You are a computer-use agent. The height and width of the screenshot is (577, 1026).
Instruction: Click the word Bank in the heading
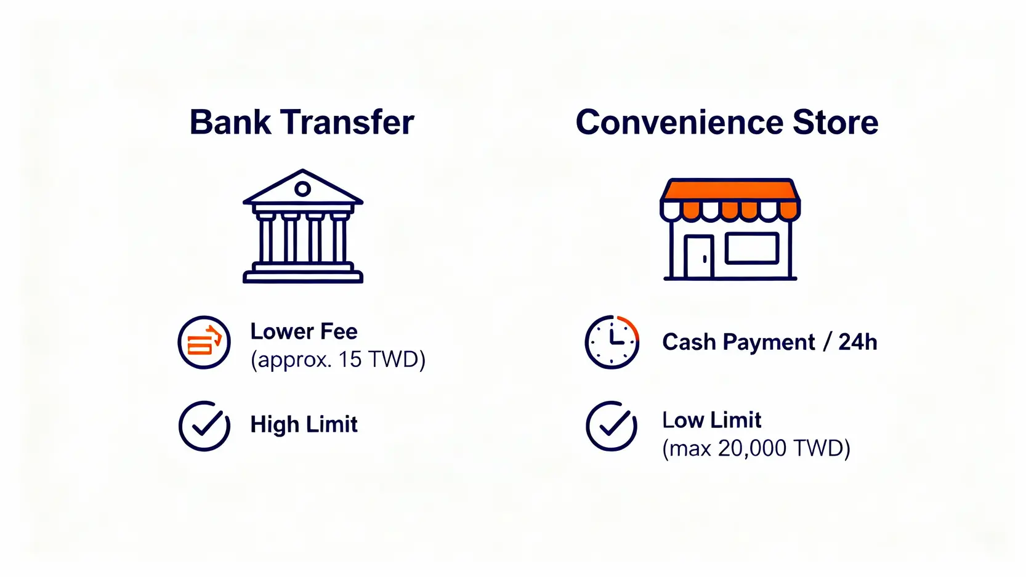pyautogui.click(x=230, y=123)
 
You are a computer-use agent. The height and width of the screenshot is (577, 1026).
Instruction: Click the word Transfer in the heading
pyautogui.click(x=347, y=123)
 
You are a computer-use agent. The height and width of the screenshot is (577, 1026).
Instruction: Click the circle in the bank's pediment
pyautogui.click(x=302, y=188)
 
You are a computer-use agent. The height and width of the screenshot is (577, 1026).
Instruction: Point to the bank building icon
pyautogui.click(x=303, y=226)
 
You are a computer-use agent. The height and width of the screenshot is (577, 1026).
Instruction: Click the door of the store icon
pyautogui.click(x=699, y=256)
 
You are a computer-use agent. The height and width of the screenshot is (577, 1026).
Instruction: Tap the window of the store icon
pyautogui.click(x=751, y=249)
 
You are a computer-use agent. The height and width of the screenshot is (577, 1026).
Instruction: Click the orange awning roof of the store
pyautogui.click(x=730, y=189)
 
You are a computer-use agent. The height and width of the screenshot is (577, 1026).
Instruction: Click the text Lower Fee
pyautogui.click(x=304, y=331)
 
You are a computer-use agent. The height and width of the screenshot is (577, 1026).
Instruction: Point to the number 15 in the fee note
pyautogui.click(x=349, y=360)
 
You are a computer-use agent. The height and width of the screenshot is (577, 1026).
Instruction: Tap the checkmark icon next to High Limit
pyautogui.click(x=204, y=426)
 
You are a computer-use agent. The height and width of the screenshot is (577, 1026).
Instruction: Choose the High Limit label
pyautogui.click(x=304, y=424)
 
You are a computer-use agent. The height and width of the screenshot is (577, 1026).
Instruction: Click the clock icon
pyautogui.click(x=612, y=342)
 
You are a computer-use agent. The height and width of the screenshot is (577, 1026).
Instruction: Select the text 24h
pyautogui.click(x=858, y=342)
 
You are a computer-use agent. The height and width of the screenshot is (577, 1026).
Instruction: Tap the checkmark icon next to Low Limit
pyautogui.click(x=612, y=426)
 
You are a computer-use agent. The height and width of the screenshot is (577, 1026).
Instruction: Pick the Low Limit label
pyautogui.click(x=712, y=421)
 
